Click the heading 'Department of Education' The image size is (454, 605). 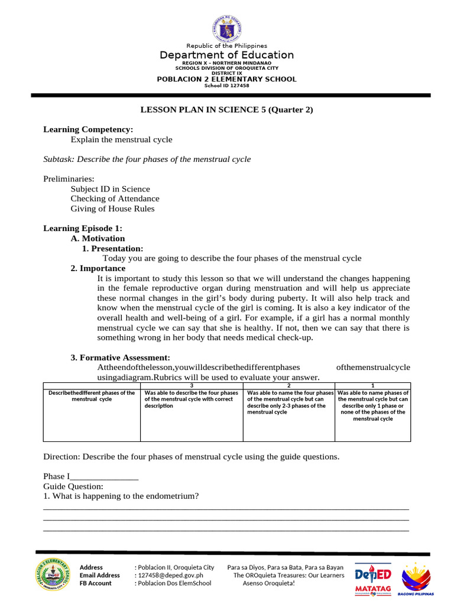[226, 55]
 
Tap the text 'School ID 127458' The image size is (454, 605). [226, 86]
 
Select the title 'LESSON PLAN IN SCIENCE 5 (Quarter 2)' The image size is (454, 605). [226, 109]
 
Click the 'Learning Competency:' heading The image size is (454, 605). [88, 129]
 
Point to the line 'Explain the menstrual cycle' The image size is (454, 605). [121, 139]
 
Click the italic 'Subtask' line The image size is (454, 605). [147, 159]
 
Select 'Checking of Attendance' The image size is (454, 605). [115, 199]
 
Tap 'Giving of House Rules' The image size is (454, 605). [112, 209]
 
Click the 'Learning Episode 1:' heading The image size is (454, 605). [83, 228]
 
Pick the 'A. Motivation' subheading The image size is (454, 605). [98, 238]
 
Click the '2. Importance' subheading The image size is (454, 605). [98, 268]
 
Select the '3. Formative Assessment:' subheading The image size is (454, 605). [120, 357]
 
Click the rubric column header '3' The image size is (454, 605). [192, 386]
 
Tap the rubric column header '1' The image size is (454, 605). [372, 386]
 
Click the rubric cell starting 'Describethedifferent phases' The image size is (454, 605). [92, 396]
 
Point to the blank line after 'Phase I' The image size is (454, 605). [104, 477]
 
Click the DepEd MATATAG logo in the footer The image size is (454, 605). [372, 580]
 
